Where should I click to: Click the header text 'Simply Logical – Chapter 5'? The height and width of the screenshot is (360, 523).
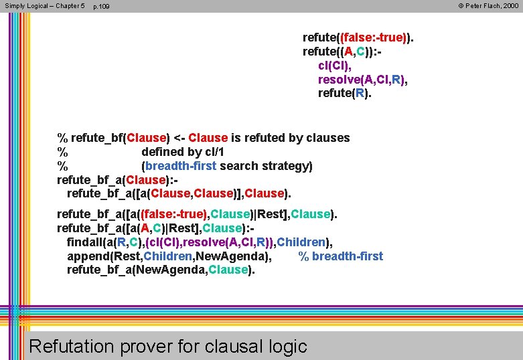(44, 6)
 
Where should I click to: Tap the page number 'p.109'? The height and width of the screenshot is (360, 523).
(101, 7)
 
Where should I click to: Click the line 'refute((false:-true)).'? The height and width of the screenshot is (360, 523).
(358, 37)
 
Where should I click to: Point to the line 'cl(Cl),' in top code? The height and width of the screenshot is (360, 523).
(334, 66)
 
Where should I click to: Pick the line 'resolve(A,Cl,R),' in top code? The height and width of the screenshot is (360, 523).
(362, 80)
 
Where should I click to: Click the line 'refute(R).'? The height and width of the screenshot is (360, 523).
(344, 94)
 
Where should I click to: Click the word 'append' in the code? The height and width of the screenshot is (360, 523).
(88, 256)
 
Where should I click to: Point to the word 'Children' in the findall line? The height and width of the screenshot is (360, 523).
(301, 242)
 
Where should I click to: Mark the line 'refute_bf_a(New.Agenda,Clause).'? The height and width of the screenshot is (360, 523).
(161, 270)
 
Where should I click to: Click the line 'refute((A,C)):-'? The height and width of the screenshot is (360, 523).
(343, 52)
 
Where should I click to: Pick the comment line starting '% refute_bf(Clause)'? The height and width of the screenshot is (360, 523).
(204, 138)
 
